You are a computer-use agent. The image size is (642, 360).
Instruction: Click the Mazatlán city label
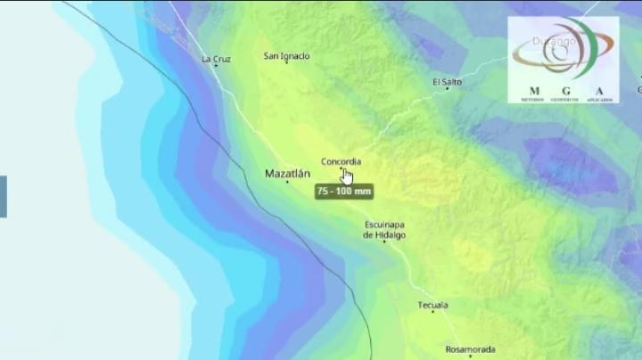pyautogui.click(x=287, y=174)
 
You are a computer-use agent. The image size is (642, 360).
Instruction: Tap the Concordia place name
pyautogui.click(x=341, y=161)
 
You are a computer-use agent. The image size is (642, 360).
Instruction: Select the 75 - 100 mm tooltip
pyautogui.click(x=343, y=191)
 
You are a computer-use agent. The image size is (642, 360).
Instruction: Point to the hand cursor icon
pyautogui.click(x=347, y=176)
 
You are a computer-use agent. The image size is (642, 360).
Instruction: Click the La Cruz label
pyautogui.click(x=216, y=60)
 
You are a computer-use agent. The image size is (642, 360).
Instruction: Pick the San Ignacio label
pyautogui.click(x=286, y=56)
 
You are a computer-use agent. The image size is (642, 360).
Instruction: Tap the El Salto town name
pyautogui.click(x=447, y=82)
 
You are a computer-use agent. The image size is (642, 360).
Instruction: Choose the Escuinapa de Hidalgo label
pyautogui.click(x=384, y=229)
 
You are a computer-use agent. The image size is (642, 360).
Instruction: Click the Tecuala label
pyautogui.click(x=432, y=306)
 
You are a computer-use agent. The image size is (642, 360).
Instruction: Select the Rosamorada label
pyautogui.click(x=470, y=349)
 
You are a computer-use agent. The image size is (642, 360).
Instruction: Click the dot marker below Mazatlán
pyautogui.click(x=287, y=182)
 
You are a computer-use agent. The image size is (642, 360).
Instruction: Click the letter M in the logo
pyautogui.click(x=534, y=91)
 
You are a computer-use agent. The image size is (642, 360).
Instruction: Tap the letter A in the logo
pyautogui.click(x=599, y=91)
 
